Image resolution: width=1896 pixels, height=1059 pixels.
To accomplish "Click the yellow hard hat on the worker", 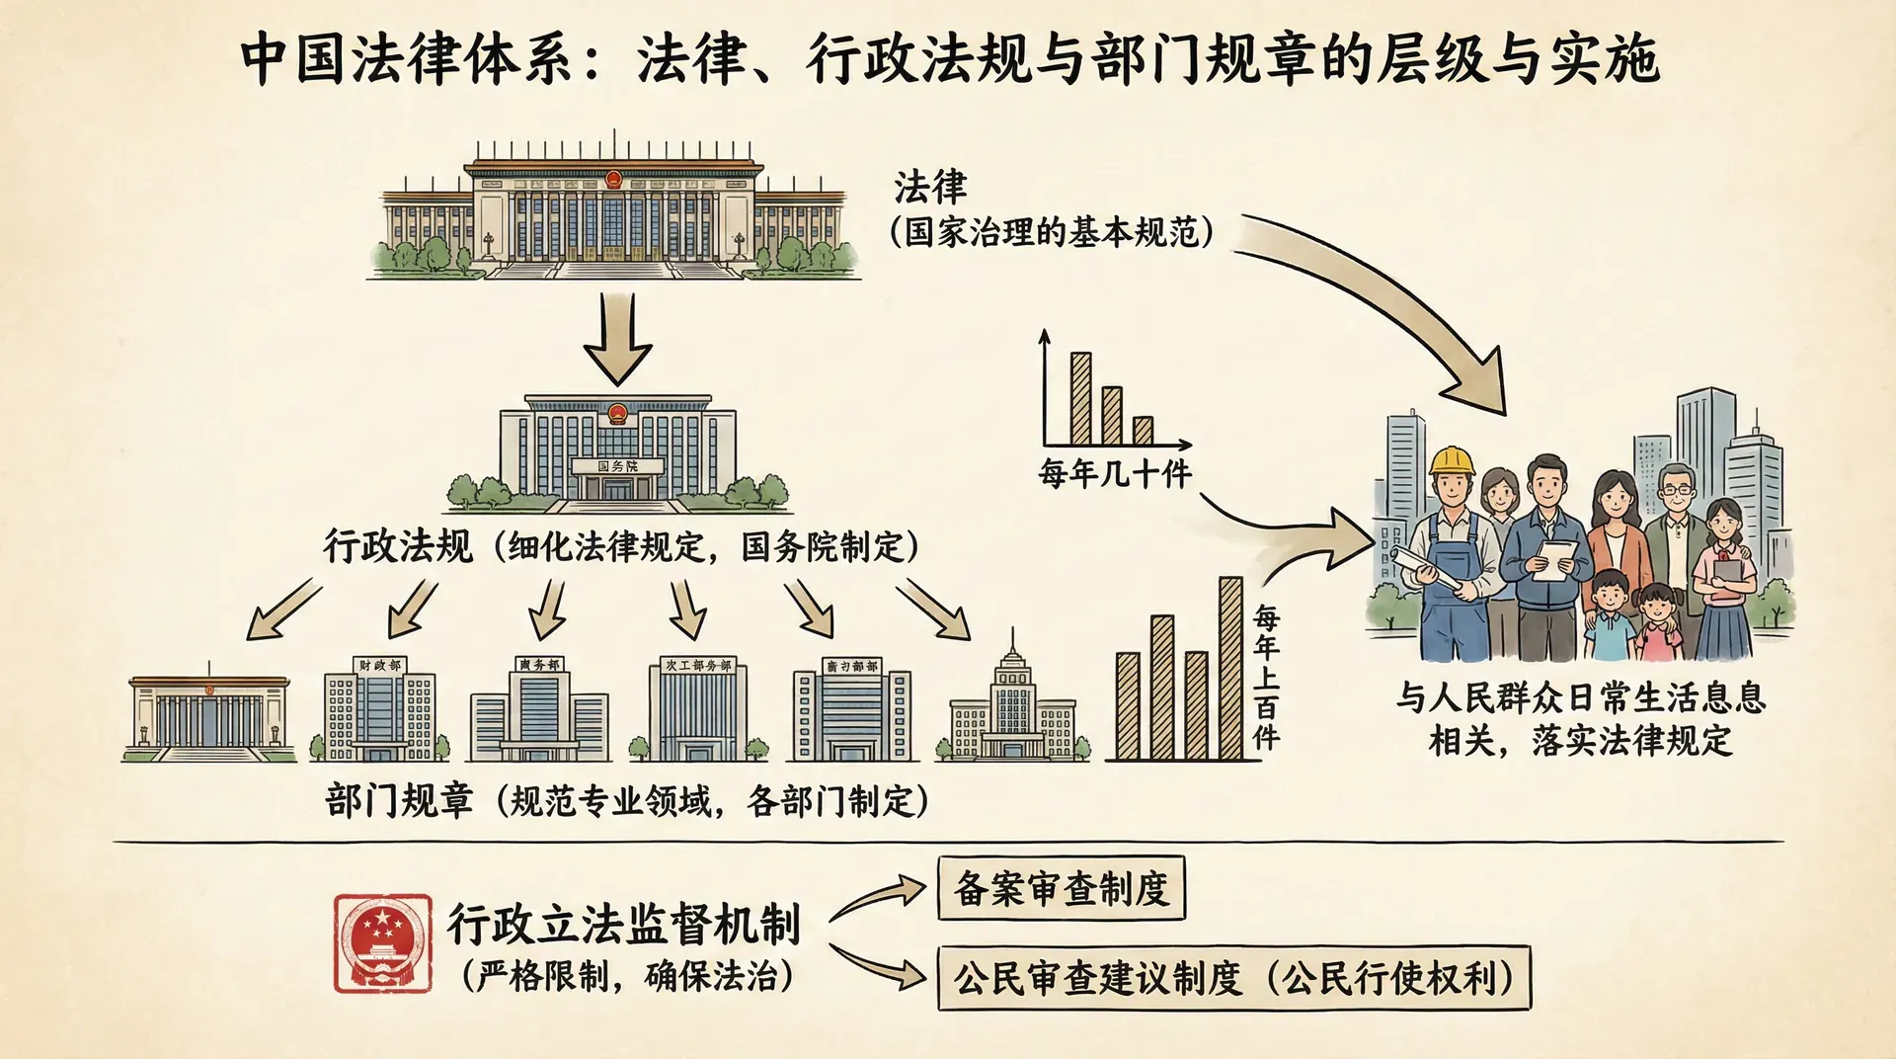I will pyautogui.click(x=1452, y=460).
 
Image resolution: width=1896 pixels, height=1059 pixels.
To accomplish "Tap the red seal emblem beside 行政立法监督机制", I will pyautogui.click(x=383, y=942).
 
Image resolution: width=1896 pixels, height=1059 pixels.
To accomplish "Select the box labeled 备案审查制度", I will pyautogui.click(x=1061, y=888).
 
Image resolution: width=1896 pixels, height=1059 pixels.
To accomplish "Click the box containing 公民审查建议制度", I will pyautogui.click(x=1233, y=978).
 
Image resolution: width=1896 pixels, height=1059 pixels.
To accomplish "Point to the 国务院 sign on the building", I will pyautogui.click(x=618, y=466).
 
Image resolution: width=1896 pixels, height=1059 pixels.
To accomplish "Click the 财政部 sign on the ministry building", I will pyautogui.click(x=380, y=666).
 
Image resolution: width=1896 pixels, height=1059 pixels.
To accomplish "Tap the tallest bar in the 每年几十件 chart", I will pyautogui.click(x=1081, y=398).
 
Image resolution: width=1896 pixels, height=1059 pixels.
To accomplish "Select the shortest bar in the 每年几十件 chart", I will pyautogui.click(x=1143, y=430).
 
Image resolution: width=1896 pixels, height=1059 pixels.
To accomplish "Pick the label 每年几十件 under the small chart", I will pyautogui.click(x=1115, y=474).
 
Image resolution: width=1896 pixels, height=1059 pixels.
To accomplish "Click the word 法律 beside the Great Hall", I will pyautogui.click(x=930, y=187).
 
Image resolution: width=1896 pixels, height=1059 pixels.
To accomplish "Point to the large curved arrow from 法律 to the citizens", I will pyautogui.click(x=1402, y=306).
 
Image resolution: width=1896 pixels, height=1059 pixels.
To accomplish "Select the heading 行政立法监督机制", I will pyautogui.click(x=623, y=923).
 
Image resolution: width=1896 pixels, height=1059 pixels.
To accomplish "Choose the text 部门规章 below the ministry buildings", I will pyautogui.click(x=399, y=800).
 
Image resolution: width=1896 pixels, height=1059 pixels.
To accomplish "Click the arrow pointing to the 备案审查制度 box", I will pyautogui.click(x=879, y=895).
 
